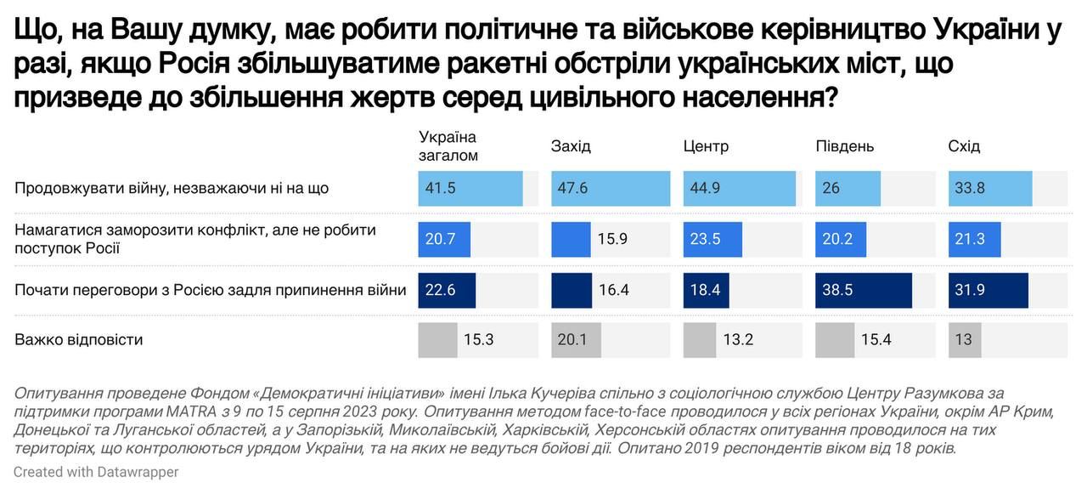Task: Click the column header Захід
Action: (x=571, y=146)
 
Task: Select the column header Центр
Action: (x=706, y=146)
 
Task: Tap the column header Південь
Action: (x=844, y=146)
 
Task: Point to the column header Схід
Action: (x=964, y=146)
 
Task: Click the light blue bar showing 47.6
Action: (x=607, y=188)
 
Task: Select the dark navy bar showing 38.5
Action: (x=864, y=290)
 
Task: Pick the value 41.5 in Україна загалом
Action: (x=441, y=188)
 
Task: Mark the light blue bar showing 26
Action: (x=848, y=188)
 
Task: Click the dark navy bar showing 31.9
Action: (x=988, y=290)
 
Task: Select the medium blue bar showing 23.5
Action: (x=712, y=239)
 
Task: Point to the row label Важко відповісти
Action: (x=79, y=340)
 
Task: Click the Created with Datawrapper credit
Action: (x=96, y=471)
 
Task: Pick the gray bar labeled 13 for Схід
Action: (x=964, y=340)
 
